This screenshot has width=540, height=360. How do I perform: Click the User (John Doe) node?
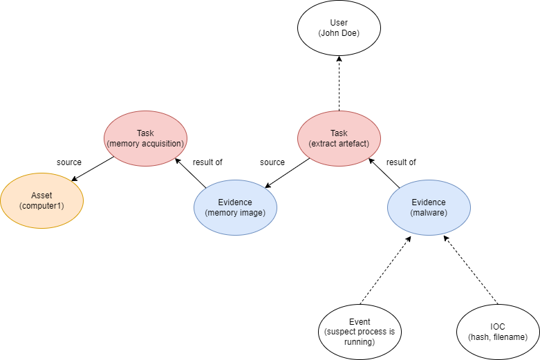(x=339, y=28)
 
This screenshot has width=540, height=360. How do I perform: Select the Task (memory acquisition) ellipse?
(x=145, y=138)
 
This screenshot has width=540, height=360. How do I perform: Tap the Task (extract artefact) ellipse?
(x=339, y=138)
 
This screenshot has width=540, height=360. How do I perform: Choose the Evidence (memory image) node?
(x=235, y=207)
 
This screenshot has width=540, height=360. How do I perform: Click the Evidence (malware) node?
(x=429, y=207)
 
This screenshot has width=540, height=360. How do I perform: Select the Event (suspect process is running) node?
(x=360, y=332)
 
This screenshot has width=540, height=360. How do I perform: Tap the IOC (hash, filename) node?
(x=498, y=332)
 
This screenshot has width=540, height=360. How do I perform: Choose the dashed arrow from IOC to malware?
(x=470, y=270)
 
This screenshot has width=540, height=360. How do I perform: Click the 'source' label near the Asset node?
(x=69, y=162)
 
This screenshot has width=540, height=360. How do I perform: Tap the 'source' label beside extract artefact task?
(x=272, y=162)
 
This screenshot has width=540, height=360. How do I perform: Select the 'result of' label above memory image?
(x=207, y=162)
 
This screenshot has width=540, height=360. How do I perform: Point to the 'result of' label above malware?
(x=401, y=162)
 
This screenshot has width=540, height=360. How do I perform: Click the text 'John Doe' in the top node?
(x=339, y=33)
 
